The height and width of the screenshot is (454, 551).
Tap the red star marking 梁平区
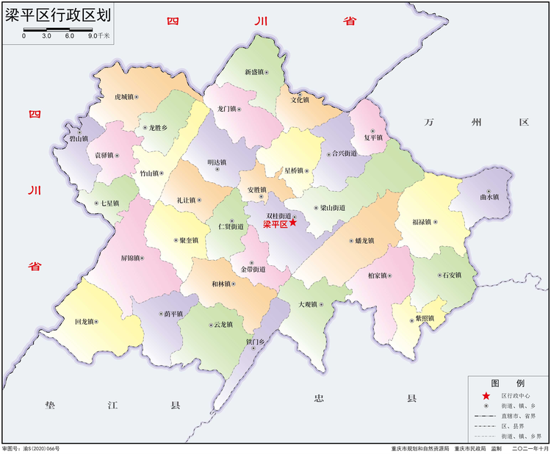[x=292, y=223]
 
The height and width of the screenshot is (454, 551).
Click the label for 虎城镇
[x=123, y=97]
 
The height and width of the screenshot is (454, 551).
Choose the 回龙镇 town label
[x=85, y=322]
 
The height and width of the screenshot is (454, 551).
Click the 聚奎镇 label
[x=189, y=240]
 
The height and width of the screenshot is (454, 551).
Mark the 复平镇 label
[x=373, y=137]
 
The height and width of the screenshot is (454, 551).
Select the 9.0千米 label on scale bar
[x=99, y=35]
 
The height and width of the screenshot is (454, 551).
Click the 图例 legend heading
[x=508, y=383]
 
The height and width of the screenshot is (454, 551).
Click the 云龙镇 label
[x=223, y=325]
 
